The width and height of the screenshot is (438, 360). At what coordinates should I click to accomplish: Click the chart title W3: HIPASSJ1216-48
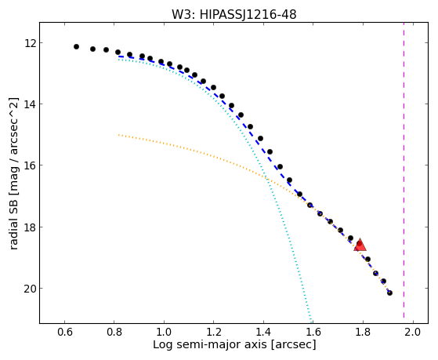[x=233, y=15]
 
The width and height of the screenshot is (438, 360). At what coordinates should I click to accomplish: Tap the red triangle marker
[x=360, y=245]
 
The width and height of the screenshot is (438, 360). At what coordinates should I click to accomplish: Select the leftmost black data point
[x=76, y=47]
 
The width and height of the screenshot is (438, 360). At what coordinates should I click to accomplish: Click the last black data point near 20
[x=389, y=293]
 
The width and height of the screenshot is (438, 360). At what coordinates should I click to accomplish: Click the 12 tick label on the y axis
[x=29, y=43]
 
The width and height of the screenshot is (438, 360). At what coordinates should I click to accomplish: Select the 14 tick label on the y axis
[x=29, y=104]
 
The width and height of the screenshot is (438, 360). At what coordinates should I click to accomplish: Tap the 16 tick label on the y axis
[x=29, y=165]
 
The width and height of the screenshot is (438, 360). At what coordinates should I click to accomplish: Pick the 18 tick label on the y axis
[x=29, y=227]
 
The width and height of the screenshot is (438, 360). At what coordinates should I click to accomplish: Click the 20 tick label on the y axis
[x=29, y=289]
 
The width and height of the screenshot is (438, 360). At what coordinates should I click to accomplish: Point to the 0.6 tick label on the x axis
[x=64, y=332]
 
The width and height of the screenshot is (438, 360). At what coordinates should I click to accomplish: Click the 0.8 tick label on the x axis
[x=114, y=332]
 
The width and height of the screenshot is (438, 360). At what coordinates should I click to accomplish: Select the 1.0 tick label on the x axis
[x=164, y=332]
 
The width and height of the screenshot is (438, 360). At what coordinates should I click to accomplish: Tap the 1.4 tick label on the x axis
[x=263, y=332]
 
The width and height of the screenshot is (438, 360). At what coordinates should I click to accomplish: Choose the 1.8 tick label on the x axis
[x=363, y=332]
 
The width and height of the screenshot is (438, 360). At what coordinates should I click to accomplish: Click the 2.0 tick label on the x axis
[x=413, y=332]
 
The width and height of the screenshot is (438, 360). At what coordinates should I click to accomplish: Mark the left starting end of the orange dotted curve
[x=119, y=135]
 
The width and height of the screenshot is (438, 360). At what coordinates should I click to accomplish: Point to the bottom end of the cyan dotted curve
[x=311, y=322]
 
